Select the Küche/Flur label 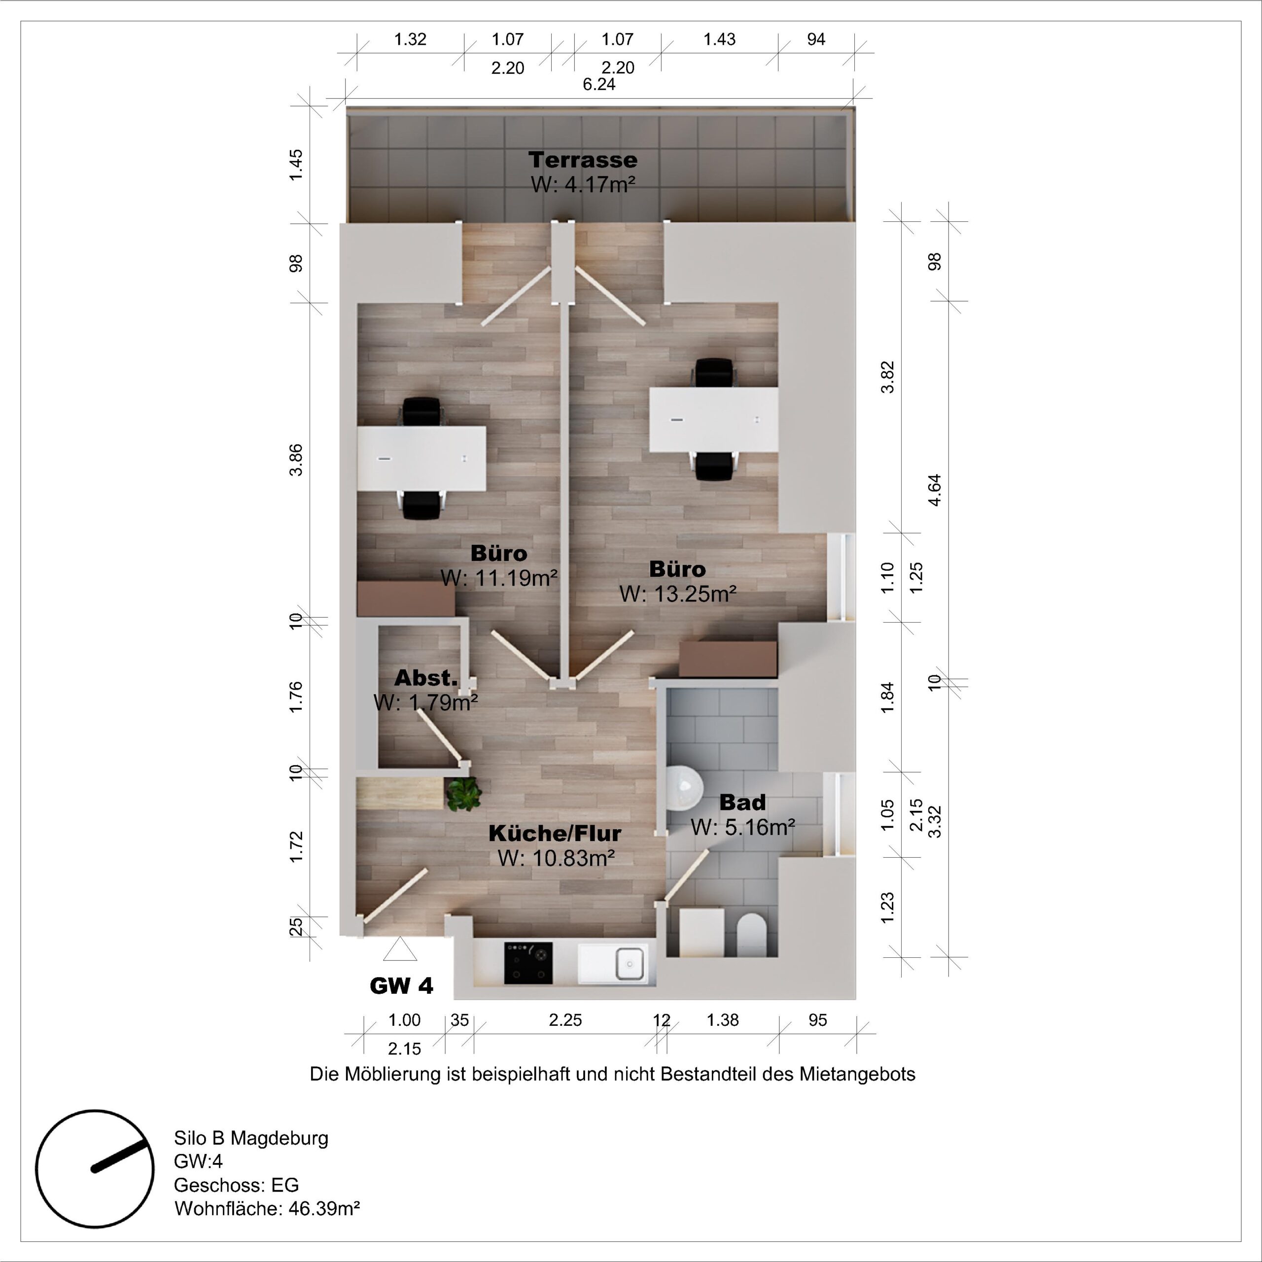[555, 834]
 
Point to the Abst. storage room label [426, 678]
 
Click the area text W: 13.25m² [678, 594]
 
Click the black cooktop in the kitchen [528, 963]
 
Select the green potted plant [464, 794]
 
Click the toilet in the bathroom [751, 935]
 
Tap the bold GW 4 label [401, 986]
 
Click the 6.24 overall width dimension [599, 85]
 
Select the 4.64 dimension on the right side [935, 490]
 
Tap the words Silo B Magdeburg [251, 1138]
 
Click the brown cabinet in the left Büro [406, 599]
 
